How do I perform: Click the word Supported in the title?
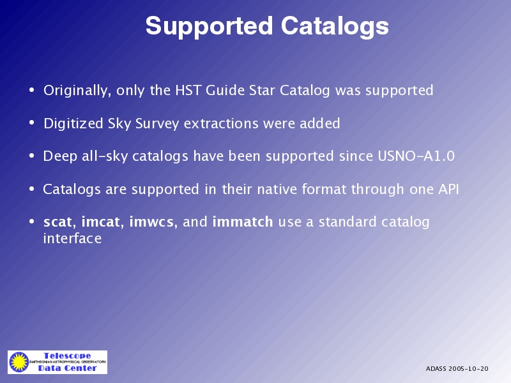click(x=209, y=27)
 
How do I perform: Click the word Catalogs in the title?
click(x=335, y=26)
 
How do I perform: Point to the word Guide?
click(x=225, y=90)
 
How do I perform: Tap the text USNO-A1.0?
click(x=416, y=156)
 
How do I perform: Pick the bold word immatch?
click(x=243, y=222)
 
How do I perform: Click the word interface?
click(x=72, y=238)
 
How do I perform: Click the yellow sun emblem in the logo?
click(x=19, y=362)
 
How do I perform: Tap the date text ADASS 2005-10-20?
click(x=457, y=369)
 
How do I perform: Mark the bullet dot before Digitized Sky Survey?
click(x=31, y=123)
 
